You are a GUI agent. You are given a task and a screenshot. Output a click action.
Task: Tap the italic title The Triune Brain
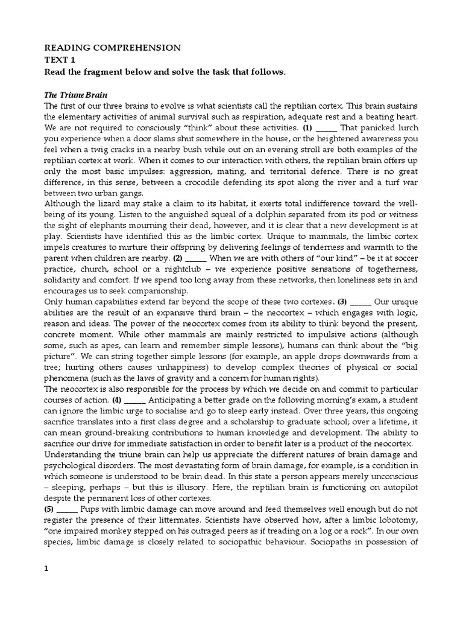point(74,94)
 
